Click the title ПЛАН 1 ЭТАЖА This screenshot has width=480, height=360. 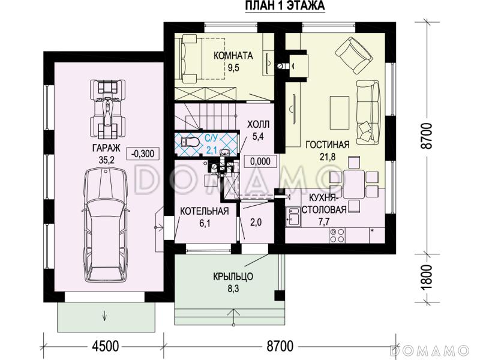point(285,6)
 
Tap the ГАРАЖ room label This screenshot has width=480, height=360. point(106,148)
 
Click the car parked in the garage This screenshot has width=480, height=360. point(106,225)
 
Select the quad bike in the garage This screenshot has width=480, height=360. point(107,109)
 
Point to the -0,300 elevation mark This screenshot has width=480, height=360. point(143,153)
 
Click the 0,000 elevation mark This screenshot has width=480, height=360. point(260,161)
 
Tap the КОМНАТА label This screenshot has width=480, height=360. point(233,56)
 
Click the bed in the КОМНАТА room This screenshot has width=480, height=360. point(203,58)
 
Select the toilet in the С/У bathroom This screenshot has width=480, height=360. point(190,142)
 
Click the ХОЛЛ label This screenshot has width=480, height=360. point(259,124)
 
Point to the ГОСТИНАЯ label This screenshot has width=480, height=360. point(328,145)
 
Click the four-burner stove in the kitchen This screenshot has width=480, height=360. point(337,235)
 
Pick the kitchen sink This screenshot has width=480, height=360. point(293,217)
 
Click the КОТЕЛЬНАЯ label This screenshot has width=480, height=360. point(205,211)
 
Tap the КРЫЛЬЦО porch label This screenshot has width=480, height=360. point(233,277)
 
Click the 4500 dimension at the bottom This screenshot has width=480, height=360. point(105,346)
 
